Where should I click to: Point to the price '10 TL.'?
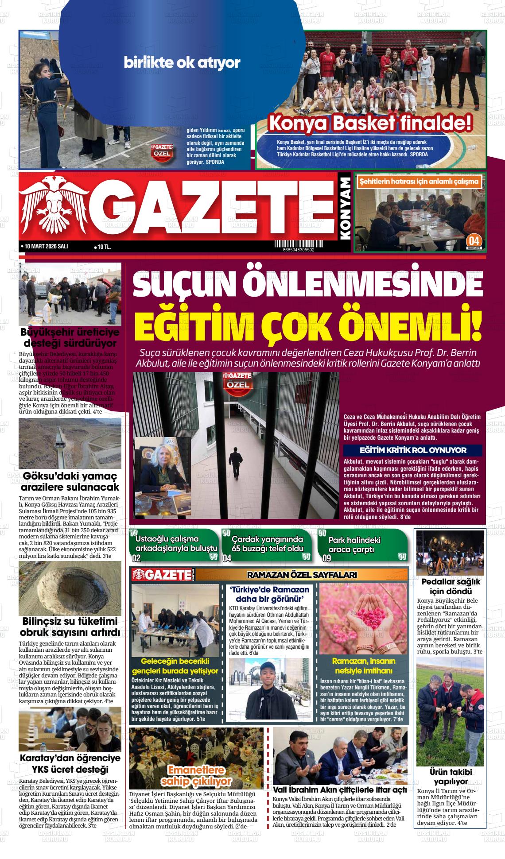click(103, 247)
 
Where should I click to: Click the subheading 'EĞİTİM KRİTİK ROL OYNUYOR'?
click(413, 450)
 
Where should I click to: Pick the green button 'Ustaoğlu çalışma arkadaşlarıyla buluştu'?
click(175, 544)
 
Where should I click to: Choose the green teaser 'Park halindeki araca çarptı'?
click(362, 544)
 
